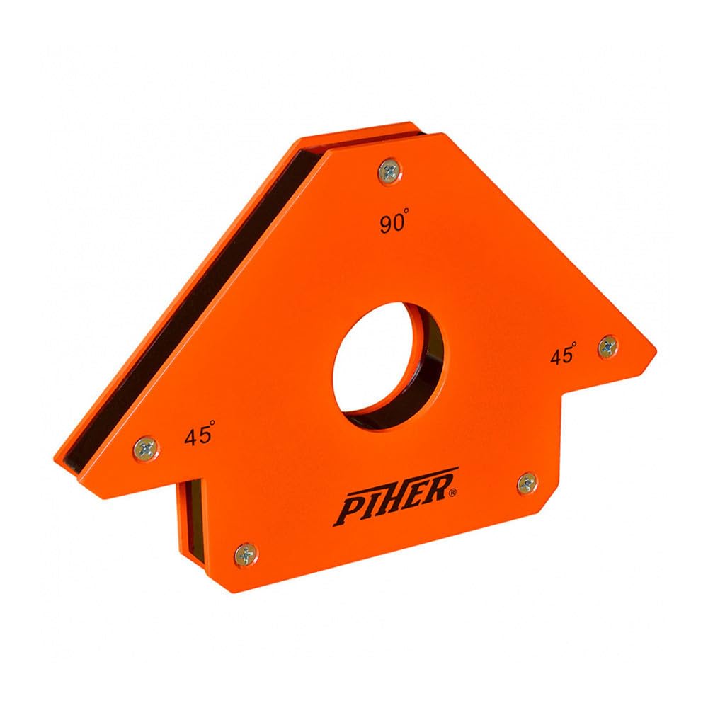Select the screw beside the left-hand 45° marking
pyautogui.click(x=147, y=447)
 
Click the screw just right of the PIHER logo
pyautogui.click(x=527, y=484)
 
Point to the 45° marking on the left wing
pyautogui.click(x=199, y=435)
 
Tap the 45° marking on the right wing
pyautogui.click(x=563, y=355)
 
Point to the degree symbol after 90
pyautogui.click(x=408, y=218)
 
